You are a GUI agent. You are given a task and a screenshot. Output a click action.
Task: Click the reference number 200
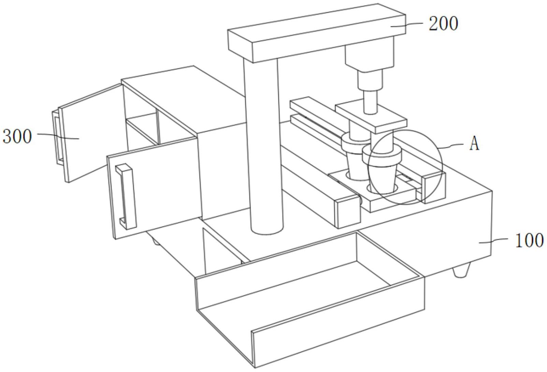(x=443, y=24)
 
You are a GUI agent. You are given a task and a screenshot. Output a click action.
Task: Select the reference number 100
(x=529, y=240)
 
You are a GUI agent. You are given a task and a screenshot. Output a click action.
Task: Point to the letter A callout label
(x=474, y=144)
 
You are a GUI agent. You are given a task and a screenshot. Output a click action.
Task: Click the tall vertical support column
(x=264, y=147)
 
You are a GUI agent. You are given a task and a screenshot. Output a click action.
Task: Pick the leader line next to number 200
(x=413, y=24)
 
